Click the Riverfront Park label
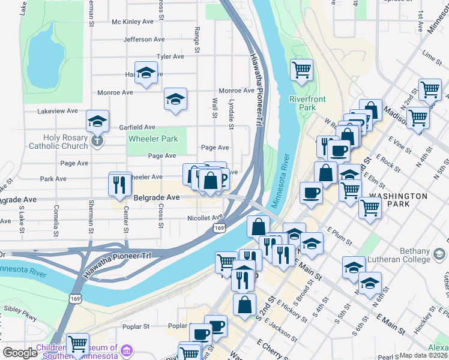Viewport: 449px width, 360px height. [302, 103]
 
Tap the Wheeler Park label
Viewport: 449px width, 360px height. [153, 139]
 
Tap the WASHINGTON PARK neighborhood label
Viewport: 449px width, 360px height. [399, 200]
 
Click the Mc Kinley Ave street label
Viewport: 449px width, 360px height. [133, 22]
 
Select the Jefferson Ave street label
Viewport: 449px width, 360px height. [143, 40]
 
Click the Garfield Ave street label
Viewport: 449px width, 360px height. [137, 127]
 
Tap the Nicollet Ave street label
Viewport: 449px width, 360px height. [205, 218]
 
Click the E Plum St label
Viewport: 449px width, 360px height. [340, 236]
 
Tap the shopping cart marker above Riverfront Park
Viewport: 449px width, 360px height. [301, 69]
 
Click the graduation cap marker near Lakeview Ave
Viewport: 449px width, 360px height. [97, 121]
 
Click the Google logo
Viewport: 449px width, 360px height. [20, 353]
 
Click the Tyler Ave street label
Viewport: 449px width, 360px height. [169, 57]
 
